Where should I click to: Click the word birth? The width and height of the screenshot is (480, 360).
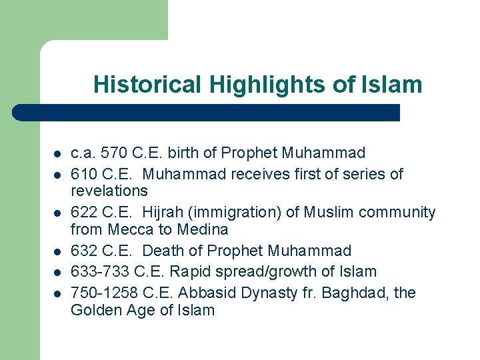(x=181, y=153)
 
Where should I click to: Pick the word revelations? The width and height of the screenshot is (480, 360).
(x=109, y=191)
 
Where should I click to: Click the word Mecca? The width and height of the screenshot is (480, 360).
(x=135, y=229)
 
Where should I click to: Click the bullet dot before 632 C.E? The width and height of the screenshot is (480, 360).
(x=57, y=251)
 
